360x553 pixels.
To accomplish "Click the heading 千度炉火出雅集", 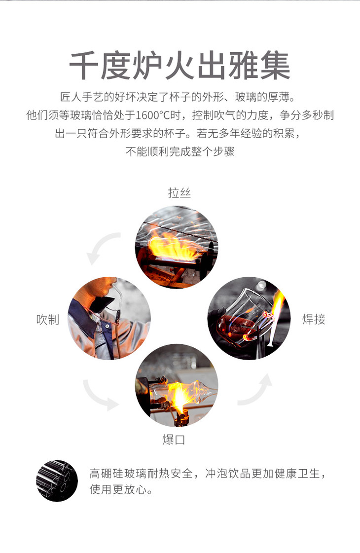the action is (180, 66).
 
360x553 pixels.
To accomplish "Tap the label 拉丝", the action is (179, 193).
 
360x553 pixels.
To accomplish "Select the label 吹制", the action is (48, 320).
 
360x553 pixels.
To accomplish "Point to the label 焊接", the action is (314, 319).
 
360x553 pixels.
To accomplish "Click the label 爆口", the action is (174, 440).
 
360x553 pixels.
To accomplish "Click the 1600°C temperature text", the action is (152, 115).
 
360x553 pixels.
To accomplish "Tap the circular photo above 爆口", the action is (177, 385).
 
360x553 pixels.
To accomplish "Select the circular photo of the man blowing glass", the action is (109, 318).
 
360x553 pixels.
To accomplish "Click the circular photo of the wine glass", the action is (249, 318).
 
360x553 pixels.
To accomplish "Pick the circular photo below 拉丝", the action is (177, 247).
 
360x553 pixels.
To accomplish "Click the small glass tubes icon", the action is (57, 480).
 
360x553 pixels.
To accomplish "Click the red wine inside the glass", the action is (234, 325).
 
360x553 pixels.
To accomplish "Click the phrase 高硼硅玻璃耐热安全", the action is (141, 473).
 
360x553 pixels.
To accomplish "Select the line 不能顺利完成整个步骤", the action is (180, 151).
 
